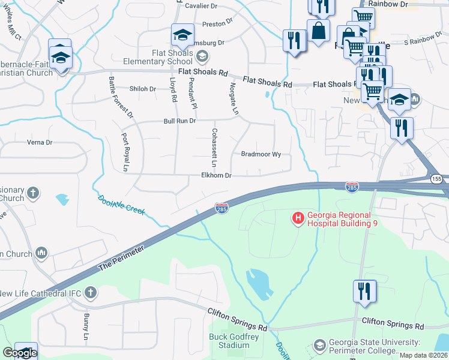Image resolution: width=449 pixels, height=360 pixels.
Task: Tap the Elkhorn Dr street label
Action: point(216,176)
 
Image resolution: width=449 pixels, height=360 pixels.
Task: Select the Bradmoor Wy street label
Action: point(261,154)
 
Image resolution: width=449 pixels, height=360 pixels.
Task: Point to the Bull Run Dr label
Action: point(180,121)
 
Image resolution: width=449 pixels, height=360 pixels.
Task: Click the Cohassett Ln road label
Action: point(214,147)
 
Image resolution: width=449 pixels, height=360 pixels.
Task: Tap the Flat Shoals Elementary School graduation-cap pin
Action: point(182,35)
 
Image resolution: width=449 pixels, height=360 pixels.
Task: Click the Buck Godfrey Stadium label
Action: point(229,341)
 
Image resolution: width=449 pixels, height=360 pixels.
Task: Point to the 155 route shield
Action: point(436,179)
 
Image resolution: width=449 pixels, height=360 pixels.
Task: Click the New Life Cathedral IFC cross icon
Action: point(90,293)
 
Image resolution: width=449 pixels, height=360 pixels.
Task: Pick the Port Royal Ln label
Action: point(125,152)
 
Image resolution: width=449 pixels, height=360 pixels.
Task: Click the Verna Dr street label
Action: point(40,143)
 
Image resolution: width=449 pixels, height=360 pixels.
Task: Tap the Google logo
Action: point(19,353)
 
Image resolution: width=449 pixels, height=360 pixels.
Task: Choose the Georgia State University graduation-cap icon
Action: point(320,346)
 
